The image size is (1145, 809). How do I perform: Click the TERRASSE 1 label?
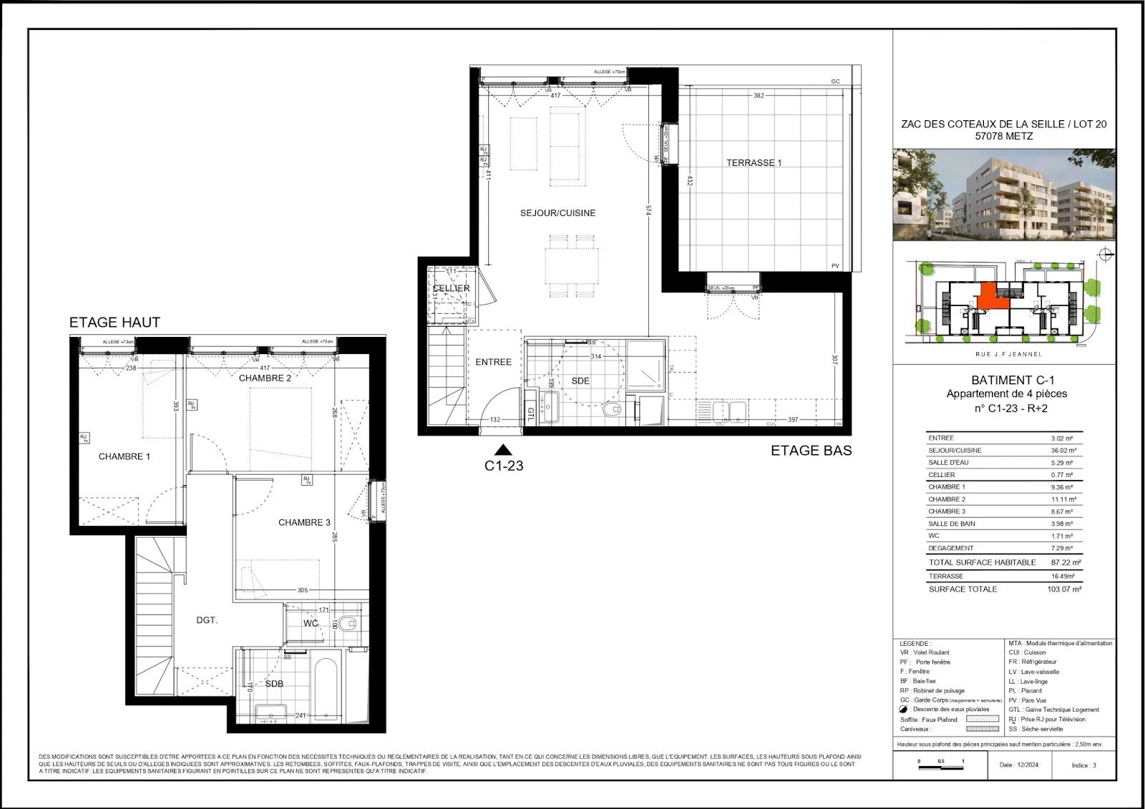click(754, 163)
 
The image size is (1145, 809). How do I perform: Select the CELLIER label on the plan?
click(451, 288)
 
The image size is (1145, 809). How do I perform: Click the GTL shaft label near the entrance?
click(531, 413)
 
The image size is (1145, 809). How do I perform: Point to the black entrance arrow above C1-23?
click(503, 450)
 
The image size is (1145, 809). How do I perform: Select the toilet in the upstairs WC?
click(349, 623)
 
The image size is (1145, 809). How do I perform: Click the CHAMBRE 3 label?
click(304, 523)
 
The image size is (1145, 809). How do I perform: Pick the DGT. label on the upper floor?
click(207, 620)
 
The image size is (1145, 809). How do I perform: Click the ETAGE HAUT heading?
click(114, 323)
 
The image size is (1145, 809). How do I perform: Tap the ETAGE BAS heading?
click(811, 451)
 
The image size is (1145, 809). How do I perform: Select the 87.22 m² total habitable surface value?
click(1065, 562)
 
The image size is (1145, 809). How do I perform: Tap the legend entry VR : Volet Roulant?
click(925, 652)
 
